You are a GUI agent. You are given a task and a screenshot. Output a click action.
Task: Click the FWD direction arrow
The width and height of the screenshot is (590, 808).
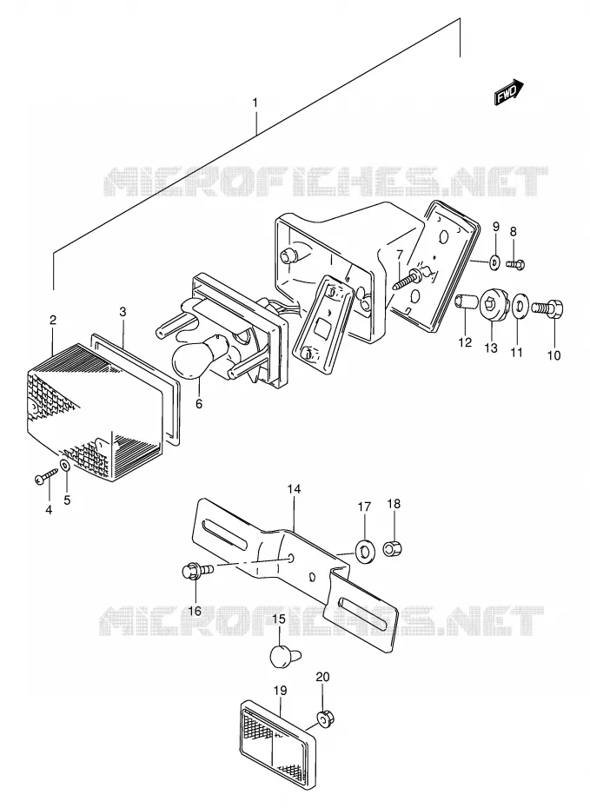click(x=509, y=93)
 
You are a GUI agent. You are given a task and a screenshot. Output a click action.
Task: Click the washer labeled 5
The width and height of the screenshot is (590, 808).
click(x=65, y=467)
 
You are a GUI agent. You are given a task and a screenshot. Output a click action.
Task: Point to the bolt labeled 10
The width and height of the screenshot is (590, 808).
click(x=547, y=308)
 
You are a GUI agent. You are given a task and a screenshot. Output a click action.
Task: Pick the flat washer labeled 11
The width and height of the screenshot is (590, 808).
click(x=520, y=308)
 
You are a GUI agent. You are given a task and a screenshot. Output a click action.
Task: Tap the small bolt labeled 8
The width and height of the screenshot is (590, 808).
click(x=515, y=264)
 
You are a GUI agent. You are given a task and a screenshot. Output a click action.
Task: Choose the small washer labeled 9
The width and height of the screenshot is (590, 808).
click(x=494, y=262)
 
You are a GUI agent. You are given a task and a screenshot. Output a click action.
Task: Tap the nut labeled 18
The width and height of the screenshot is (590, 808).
click(x=393, y=548)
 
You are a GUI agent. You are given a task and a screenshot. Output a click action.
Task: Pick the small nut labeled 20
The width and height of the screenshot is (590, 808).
click(x=323, y=719)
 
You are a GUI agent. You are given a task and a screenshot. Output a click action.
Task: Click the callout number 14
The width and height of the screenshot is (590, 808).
click(x=294, y=489)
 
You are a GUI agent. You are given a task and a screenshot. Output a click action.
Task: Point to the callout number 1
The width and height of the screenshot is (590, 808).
click(x=255, y=103)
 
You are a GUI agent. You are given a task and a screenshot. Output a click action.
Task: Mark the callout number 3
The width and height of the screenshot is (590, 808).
click(x=123, y=311)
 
